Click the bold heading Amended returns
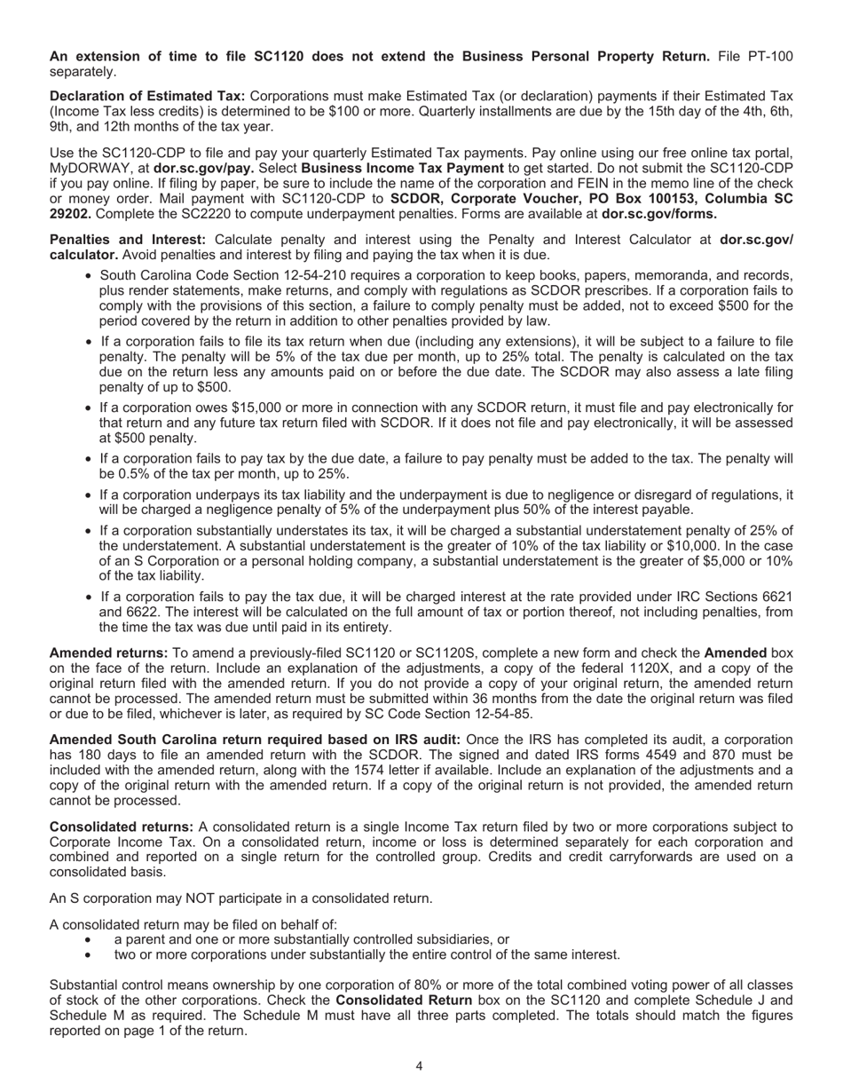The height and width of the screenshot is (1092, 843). click(x=108, y=628)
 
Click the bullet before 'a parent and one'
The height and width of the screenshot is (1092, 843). click(x=87, y=940)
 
